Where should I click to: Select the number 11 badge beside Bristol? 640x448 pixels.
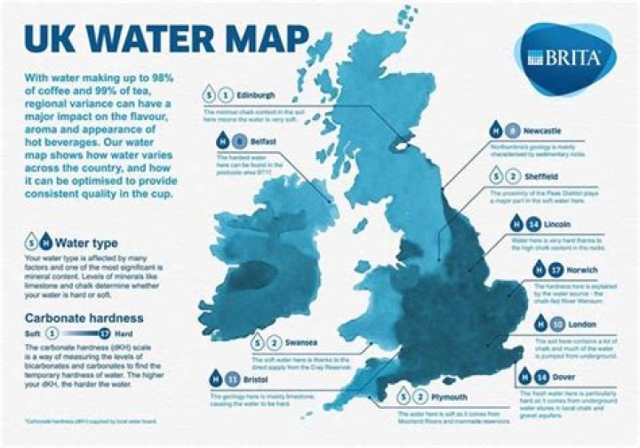[236, 377]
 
